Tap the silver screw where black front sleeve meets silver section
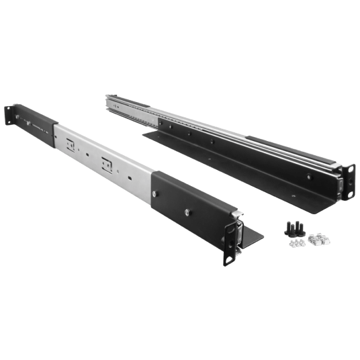(x=155, y=194)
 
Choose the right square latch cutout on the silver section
(x=106, y=163)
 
